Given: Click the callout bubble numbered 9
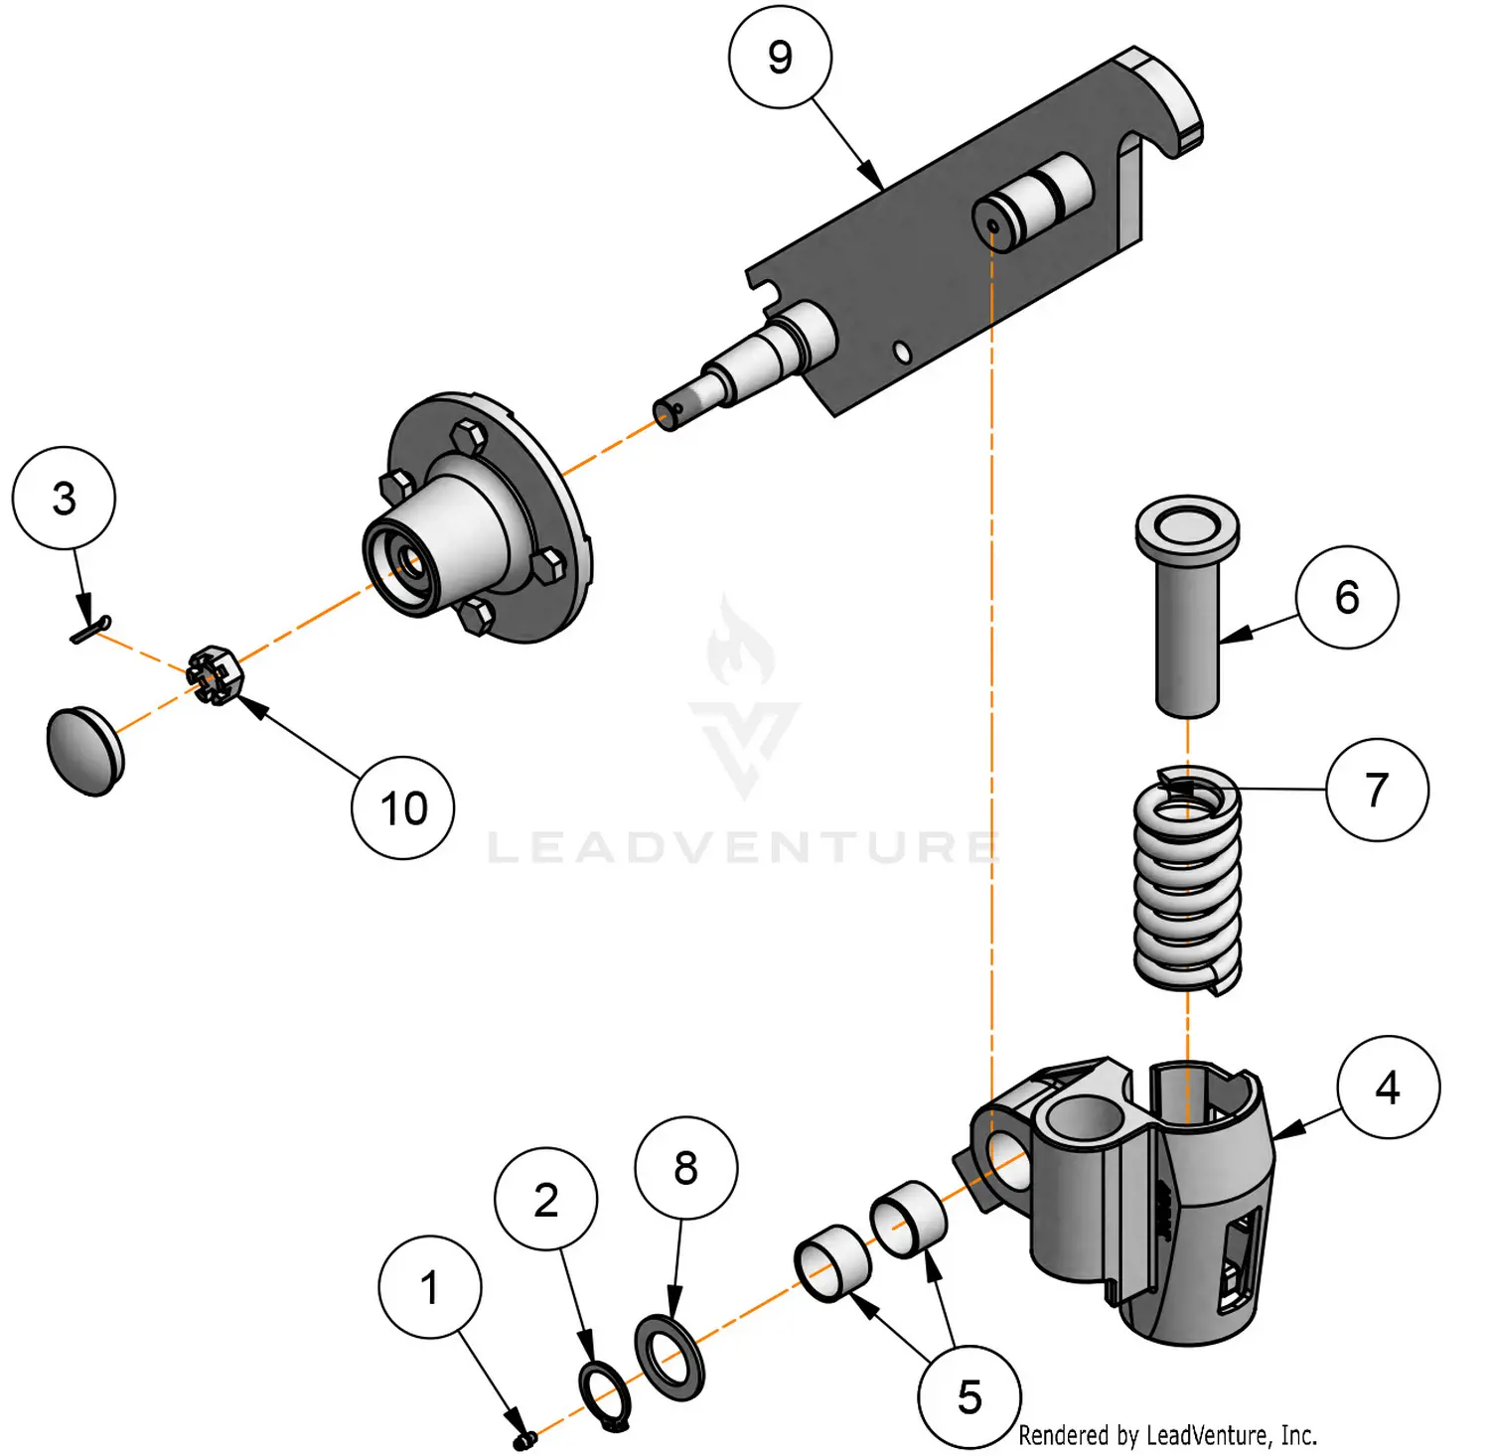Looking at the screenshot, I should click(780, 58).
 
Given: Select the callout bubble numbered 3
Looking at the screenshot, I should click(64, 498).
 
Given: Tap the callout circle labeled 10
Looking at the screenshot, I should click(403, 808).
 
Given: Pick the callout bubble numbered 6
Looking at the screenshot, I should click(1347, 597).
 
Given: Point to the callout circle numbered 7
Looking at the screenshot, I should click(1377, 790).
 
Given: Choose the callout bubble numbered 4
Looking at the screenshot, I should click(1388, 1088).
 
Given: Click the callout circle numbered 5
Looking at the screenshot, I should click(969, 1397).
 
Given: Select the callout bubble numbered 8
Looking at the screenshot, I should click(685, 1168).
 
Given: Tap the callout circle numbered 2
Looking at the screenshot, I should click(545, 1200).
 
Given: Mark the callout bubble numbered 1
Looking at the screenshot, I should click(429, 1288).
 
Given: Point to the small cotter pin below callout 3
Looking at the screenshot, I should click(90, 630).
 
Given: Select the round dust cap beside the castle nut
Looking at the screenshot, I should click(84, 750).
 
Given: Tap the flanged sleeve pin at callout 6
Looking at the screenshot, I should click(1187, 606).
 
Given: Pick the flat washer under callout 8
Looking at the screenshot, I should click(670, 1357).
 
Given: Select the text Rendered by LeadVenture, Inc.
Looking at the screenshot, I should click(1167, 1435).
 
